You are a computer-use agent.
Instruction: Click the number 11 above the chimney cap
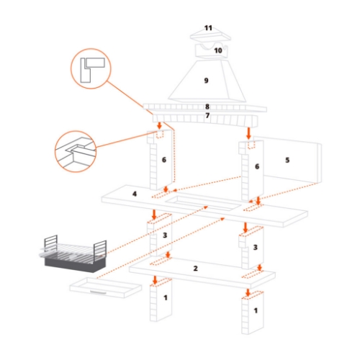point(208,28)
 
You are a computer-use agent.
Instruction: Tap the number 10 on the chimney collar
point(218,50)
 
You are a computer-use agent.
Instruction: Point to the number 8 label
point(207,107)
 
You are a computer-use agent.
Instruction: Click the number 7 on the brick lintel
point(207,115)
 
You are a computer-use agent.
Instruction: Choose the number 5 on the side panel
point(287,159)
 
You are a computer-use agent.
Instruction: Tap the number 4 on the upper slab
point(134,194)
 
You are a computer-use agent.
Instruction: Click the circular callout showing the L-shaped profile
point(91,69)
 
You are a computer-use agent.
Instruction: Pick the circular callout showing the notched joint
point(76,152)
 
